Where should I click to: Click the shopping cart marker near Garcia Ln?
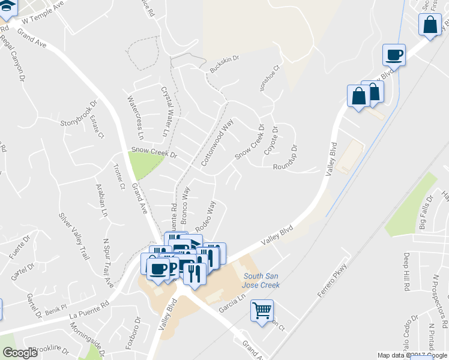tap(262, 311)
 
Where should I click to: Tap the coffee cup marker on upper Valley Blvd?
tap(394, 55)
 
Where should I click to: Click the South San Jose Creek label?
tap(261, 280)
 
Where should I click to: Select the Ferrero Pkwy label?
tap(333, 282)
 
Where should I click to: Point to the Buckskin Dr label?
tap(224, 65)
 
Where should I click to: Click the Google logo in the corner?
tap(20, 352)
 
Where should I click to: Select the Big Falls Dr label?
tap(426, 214)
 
